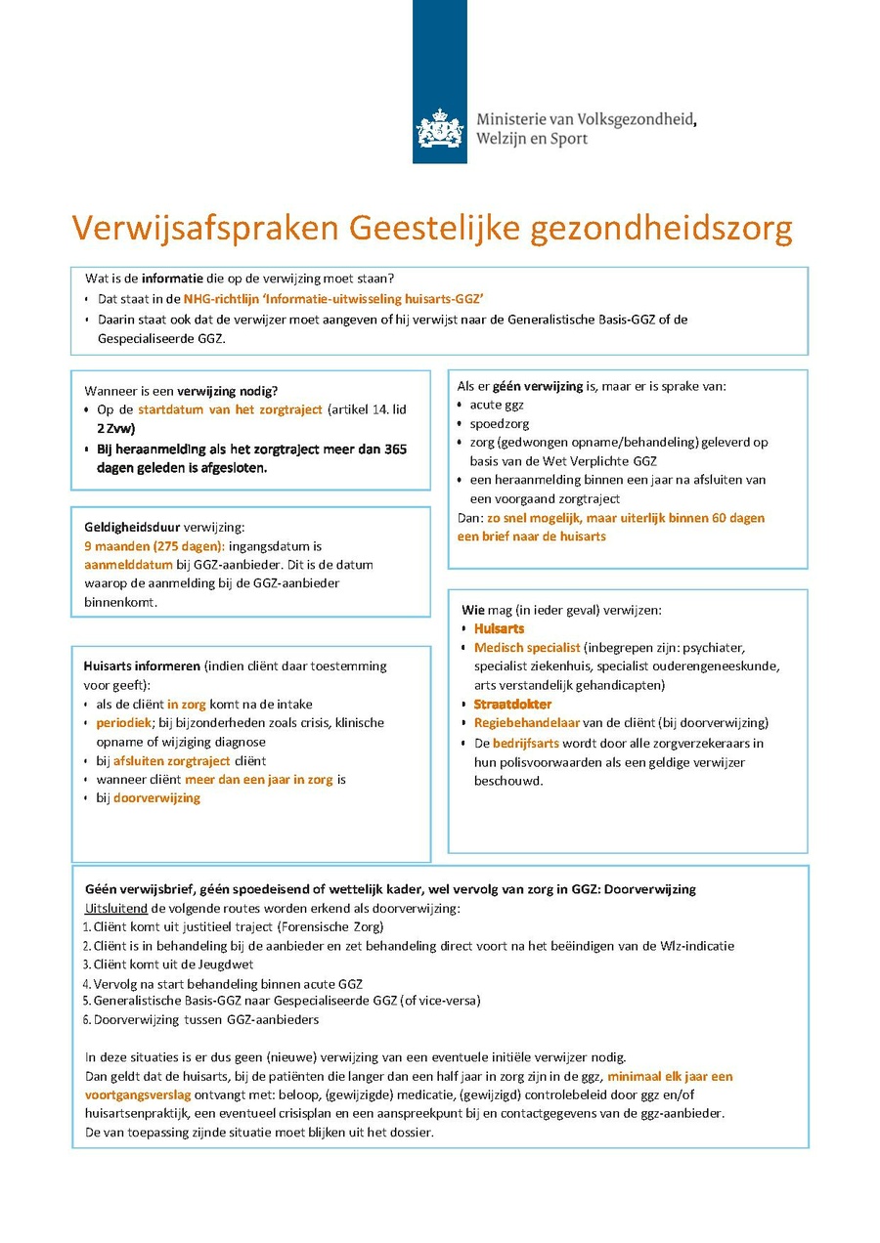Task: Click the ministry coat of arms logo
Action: [440, 129]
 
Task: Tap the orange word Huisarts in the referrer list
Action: [499, 628]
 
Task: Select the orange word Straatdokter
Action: [512, 704]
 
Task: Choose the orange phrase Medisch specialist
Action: [527, 647]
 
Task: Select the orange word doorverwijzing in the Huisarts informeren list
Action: [156, 797]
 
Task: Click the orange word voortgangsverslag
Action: [139, 1094]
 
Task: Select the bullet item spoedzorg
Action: [500, 423]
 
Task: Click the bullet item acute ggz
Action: [497, 405]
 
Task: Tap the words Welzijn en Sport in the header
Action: [532, 139]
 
